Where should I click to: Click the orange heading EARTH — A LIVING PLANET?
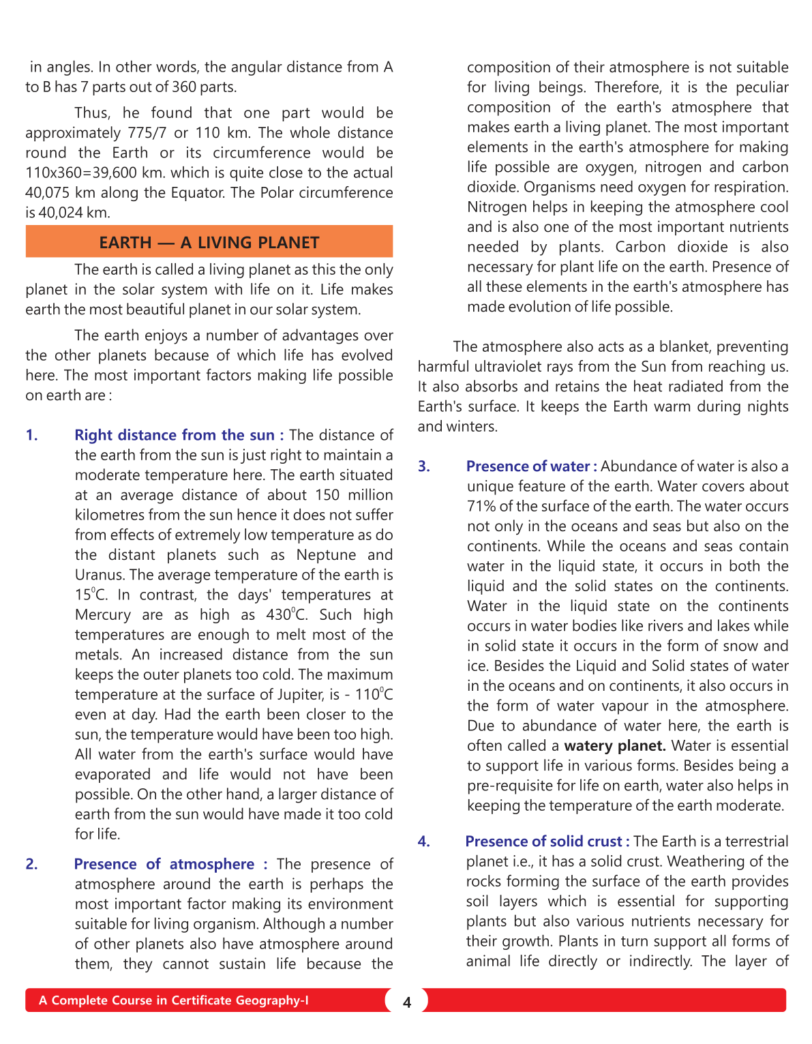[x=209, y=243]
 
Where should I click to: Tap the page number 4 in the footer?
[x=407, y=1002]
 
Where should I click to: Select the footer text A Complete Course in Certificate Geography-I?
[x=173, y=1000]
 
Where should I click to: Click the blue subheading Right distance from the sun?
[x=175, y=435]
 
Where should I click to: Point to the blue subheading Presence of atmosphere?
[x=164, y=864]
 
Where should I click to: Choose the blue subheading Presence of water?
[x=528, y=466]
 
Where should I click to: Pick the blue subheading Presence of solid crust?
[x=543, y=841]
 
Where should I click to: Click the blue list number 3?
[x=424, y=466]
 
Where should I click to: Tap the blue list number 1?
[x=31, y=435]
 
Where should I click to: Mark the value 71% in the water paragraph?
[x=481, y=507]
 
